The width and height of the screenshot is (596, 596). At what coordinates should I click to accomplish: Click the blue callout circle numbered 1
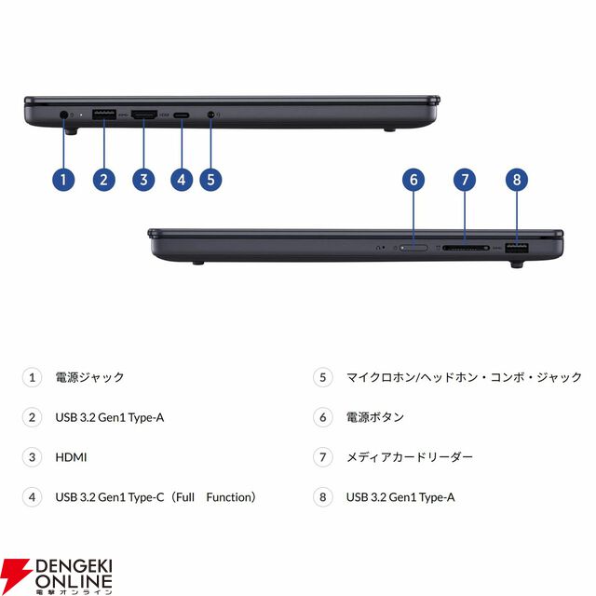click(63, 180)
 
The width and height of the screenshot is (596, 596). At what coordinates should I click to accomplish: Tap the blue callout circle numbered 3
click(143, 180)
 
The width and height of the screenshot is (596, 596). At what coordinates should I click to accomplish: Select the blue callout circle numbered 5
click(210, 180)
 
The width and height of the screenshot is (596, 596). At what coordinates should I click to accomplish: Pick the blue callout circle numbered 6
click(413, 180)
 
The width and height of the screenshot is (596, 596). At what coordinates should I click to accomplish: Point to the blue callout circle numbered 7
click(465, 180)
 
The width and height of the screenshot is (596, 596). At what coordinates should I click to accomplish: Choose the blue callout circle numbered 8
click(517, 180)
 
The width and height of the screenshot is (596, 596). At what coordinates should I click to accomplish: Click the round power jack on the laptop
click(63, 114)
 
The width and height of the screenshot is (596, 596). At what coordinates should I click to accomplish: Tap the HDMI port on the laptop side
click(144, 115)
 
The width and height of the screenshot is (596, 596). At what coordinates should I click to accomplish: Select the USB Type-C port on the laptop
click(182, 115)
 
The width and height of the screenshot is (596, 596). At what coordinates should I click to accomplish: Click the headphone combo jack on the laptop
click(211, 114)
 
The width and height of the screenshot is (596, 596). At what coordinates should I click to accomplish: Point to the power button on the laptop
click(413, 248)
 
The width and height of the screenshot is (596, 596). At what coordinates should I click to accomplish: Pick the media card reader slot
click(466, 248)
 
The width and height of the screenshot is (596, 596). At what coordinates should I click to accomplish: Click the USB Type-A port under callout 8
click(517, 248)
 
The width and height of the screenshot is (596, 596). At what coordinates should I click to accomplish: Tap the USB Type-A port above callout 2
click(104, 115)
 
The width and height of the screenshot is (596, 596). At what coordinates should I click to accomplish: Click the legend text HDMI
click(71, 457)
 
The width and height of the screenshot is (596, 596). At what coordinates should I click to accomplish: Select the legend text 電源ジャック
click(89, 377)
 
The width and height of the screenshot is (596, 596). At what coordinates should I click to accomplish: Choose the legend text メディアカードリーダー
click(410, 457)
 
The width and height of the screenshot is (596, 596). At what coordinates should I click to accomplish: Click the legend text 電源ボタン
click(375, 417)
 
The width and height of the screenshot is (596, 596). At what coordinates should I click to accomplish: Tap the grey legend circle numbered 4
click(32, 497)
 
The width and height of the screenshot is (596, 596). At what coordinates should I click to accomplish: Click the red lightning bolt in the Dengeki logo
click(15, 574)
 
